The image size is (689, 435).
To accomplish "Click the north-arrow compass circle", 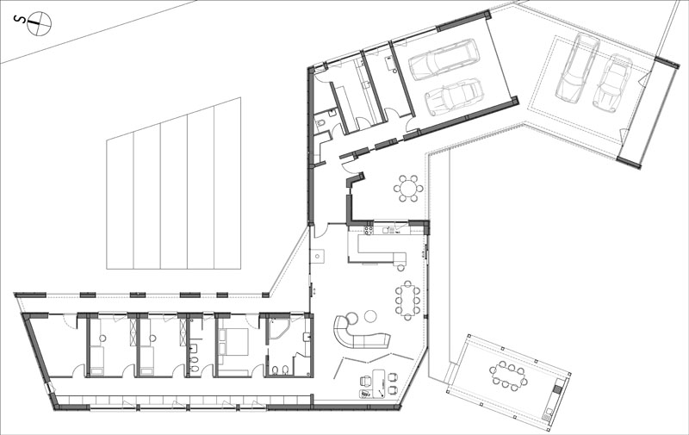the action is (x=39, y=24).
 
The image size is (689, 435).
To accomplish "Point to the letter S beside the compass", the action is (x=18, y=20).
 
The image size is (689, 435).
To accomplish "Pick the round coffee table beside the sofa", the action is (x=371, y=316).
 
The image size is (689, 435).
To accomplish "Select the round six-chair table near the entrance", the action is (x=408, y=189).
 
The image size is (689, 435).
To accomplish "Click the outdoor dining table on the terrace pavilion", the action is (x=508, y=375).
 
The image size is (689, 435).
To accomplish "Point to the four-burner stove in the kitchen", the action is (x=369, y=229).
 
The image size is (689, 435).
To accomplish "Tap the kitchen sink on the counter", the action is (x=388, y=230).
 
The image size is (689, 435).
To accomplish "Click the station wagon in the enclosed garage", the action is (x=444, y=59).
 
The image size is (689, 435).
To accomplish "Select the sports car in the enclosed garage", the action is (x=455, y=96).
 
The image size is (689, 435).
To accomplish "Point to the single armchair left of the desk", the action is (x=365, y=381).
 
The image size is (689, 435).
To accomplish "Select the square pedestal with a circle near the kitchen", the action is (x=317, y=256).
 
